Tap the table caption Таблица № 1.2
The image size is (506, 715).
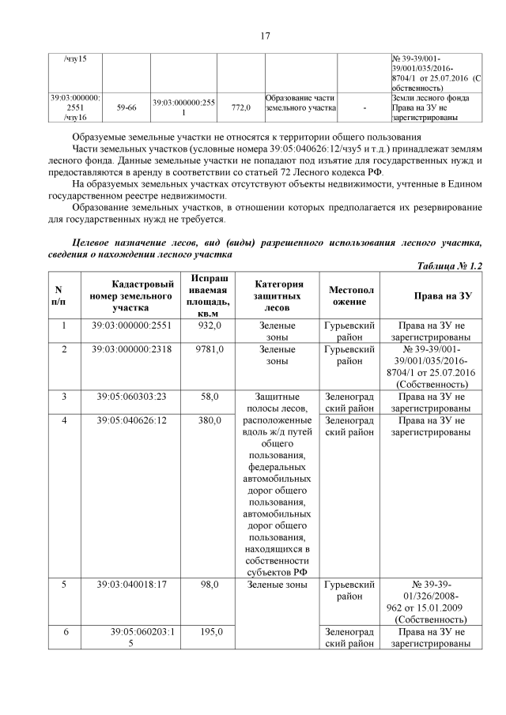(x=448, y=267)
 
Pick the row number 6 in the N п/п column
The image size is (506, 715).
(x=63, y=632)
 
